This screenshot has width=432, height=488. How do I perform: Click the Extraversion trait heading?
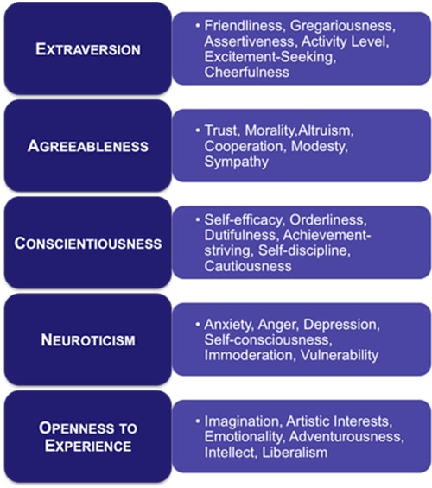88,49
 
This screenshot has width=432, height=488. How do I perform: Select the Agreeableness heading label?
88,146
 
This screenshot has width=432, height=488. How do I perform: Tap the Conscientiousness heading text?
88,243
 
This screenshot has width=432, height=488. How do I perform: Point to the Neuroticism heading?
88,339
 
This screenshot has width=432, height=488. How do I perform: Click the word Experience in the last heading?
88,446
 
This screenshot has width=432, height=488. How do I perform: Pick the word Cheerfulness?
247,73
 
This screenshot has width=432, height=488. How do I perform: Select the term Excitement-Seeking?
270,57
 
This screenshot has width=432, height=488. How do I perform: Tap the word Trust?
222,130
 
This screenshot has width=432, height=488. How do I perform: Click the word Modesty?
320,147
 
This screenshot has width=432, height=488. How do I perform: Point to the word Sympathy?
236,162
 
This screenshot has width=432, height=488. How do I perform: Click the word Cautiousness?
248,266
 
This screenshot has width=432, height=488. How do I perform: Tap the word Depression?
342,325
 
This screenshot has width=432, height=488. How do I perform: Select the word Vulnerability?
340,355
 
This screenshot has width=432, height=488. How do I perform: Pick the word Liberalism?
295,453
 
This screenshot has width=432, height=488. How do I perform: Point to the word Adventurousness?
346,437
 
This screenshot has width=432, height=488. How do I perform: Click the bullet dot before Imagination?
198,421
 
